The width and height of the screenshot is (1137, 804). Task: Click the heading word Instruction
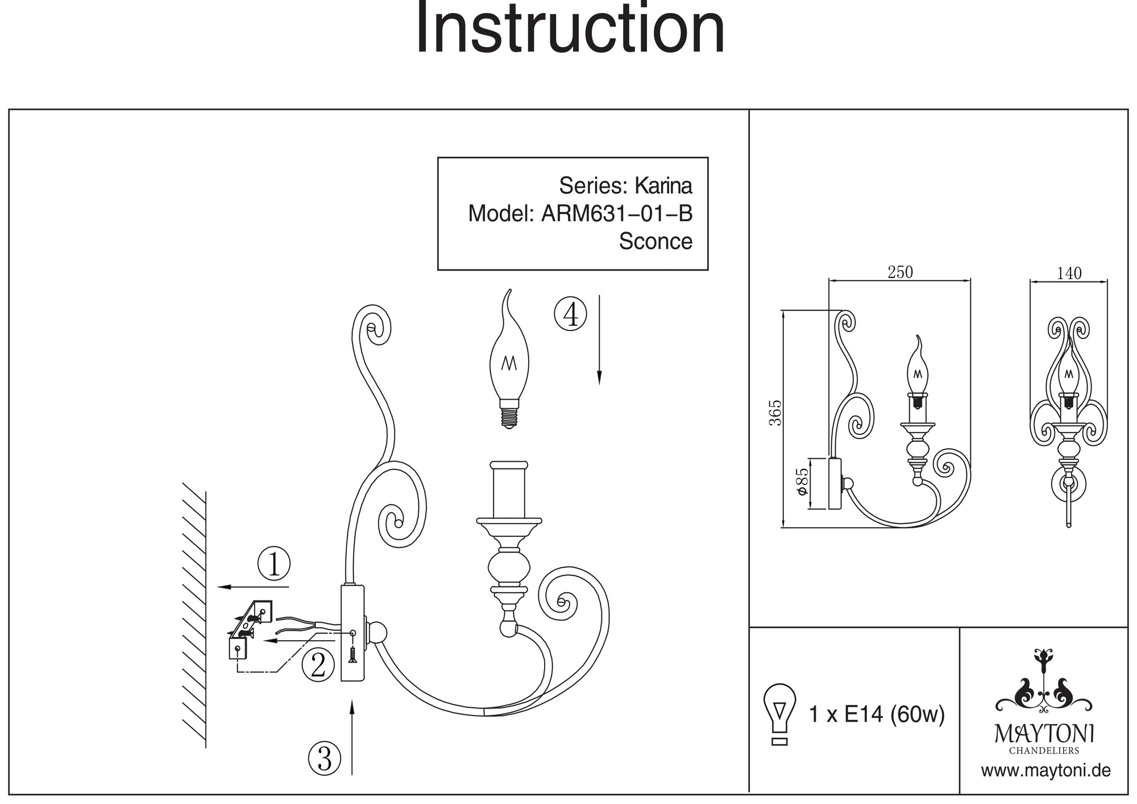pos(570,28)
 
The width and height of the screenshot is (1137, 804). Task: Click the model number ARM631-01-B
pos(617,214)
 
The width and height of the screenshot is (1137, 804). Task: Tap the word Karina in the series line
pos(663,186)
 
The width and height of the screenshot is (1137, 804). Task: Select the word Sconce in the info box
pos(655,241)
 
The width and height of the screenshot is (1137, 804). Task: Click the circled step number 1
pos(274,564)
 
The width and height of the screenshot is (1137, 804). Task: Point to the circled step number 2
pos(318,665)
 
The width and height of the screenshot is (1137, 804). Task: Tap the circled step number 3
pos(324,758)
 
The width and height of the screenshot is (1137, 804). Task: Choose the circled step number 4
pos(570,314)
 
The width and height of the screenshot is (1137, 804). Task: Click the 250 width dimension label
pos(900,272)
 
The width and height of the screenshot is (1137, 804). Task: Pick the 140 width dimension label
pos(1069,273)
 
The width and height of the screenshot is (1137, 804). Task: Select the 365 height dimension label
pos(775,413)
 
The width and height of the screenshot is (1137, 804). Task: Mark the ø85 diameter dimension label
pos(802,480)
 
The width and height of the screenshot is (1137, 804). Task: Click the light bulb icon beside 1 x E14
pos(780,714)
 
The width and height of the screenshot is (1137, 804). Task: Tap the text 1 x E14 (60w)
pos(877,714)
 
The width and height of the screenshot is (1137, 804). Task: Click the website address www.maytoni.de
pos(1045,771)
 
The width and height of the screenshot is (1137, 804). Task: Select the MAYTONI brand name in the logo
pos(1044,733)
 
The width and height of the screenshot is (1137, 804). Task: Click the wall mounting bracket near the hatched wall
pos(250,628)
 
